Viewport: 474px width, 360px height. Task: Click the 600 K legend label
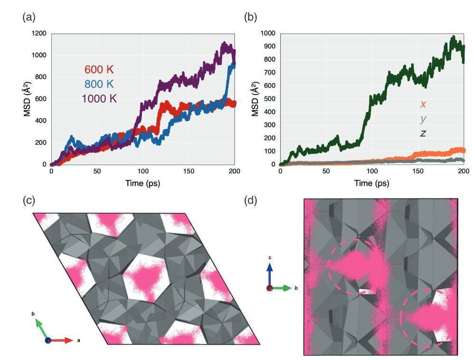pyautogui.click(x=99, y=70)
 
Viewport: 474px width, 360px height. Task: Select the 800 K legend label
pyautogui.click(x=99, y=84)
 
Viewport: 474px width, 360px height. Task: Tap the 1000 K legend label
pyautogui.click(x=99, y=98)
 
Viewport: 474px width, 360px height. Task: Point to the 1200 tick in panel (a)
pyautogui.click(x=39, y=33)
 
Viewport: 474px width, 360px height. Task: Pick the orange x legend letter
pyautogui.click(x=422, y=104)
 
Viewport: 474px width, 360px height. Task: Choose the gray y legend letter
pyautogui.click(x=422, y=119)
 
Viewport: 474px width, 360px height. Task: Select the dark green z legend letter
pyautogui.click(x=422, y=133)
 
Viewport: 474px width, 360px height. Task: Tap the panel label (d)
pyautogui.click(x=251, y=200)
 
